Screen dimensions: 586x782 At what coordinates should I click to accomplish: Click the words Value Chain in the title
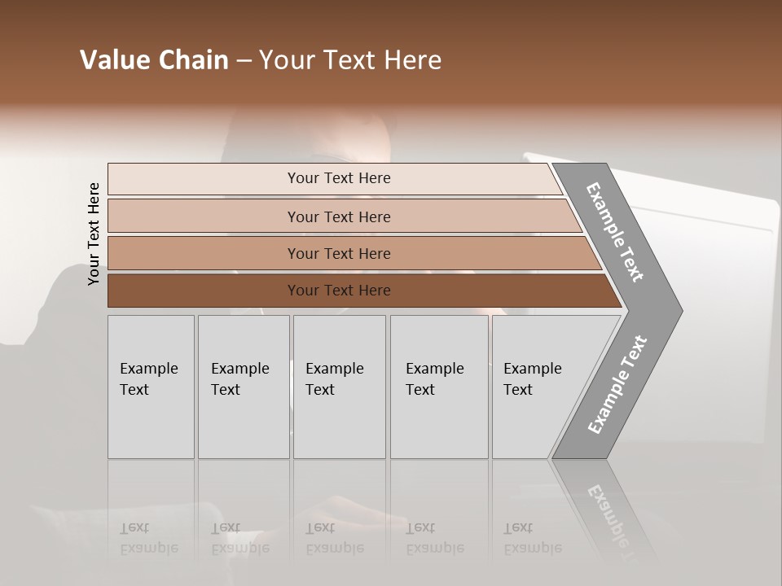154,60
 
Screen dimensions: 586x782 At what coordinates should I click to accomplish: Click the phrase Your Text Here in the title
350,60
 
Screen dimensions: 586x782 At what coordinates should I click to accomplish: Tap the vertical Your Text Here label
94,234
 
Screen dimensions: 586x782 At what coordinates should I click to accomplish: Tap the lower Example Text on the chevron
617,385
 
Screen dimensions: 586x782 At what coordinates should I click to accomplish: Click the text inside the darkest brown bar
339,291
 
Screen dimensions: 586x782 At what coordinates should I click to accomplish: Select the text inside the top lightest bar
339,178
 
